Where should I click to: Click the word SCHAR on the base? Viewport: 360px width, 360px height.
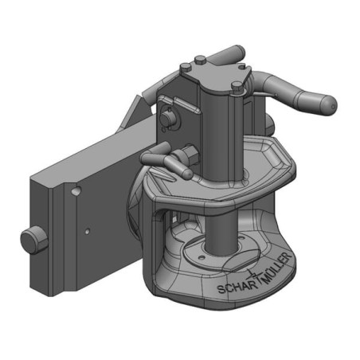tap(237, 288)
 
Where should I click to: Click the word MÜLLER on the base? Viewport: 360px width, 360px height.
tap(276, 267)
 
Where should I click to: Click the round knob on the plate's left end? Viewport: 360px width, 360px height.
tap(33, 241)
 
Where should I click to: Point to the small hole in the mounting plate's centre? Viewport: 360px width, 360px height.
tap(87, 232)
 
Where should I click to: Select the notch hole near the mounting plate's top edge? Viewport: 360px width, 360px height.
tap(76, 191)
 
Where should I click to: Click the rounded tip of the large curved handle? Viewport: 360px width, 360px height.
tap(329, 106)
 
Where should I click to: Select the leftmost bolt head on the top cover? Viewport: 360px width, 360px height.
tap(185, 67)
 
